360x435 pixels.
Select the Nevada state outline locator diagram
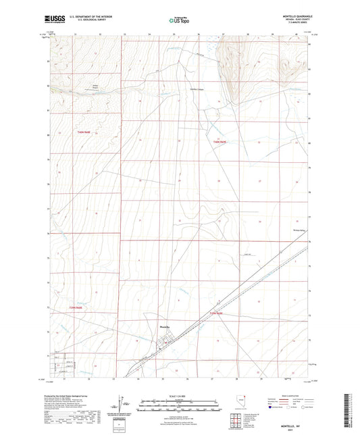point(236,402)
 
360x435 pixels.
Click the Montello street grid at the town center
point(162,346)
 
